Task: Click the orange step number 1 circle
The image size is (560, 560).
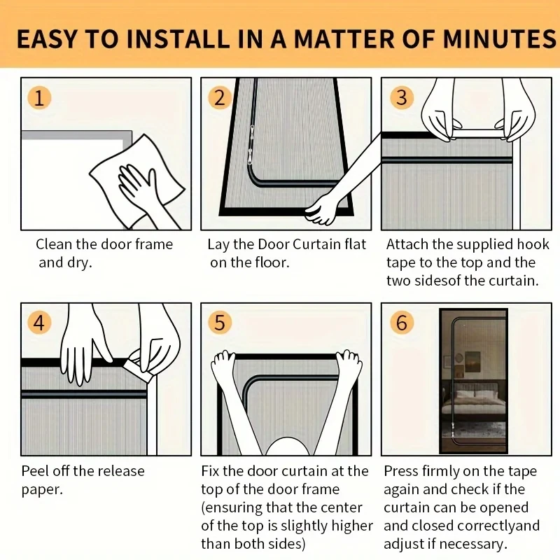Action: [39, 98]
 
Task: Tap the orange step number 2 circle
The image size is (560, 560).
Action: [220, 98]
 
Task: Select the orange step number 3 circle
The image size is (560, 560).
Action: [401, 98]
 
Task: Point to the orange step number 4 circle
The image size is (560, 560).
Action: [39, 323]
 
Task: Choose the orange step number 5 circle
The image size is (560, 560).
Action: [220, 323]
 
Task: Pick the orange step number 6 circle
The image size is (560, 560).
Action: [401, 323]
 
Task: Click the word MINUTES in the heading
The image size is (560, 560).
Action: [499, 38]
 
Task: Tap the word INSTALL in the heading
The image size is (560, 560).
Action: [178, 38]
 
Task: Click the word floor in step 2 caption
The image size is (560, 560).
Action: [271, 262]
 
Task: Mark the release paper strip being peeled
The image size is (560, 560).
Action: [140, 367]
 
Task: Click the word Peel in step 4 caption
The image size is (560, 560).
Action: [34, 471]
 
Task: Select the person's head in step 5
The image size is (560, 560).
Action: [288, 447]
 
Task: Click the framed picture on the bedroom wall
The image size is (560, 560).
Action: [473, 361]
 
